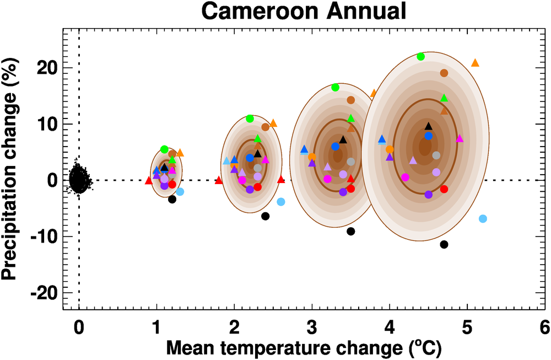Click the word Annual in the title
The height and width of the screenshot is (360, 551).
(360, 11)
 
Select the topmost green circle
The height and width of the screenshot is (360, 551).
(421, 56)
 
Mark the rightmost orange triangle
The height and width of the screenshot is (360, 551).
(475, 63)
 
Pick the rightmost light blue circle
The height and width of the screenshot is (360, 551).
(483, 219)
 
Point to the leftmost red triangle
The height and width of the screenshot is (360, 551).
(148, 180)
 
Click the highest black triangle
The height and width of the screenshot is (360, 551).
(429, 126)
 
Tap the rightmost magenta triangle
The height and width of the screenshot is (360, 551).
(460, 138)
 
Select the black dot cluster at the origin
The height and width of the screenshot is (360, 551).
(79, 179)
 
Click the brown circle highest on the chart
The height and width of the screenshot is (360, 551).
(444, 73)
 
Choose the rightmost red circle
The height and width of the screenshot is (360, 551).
(444, 189)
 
